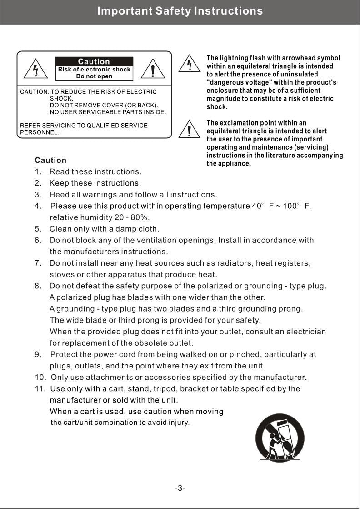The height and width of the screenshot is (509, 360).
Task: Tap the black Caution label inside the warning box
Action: point(94,61)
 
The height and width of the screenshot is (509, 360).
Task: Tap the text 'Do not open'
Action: point(94,76)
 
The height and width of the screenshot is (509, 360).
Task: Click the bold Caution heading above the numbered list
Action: point(50,160)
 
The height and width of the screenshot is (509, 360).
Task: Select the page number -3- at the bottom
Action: point(180,488)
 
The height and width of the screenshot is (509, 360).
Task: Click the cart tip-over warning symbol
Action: point(280,438)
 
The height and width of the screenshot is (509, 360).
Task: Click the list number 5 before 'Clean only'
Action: point(38,229)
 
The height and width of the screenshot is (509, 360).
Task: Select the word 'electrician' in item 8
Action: point(305,332)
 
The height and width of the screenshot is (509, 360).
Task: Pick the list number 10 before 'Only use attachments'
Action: point(40,378)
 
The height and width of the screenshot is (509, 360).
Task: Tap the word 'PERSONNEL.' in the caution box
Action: point(40,132)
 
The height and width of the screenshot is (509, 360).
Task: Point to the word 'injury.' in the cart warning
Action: point(179,423)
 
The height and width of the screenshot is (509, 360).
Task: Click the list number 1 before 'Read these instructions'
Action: point(38,172)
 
